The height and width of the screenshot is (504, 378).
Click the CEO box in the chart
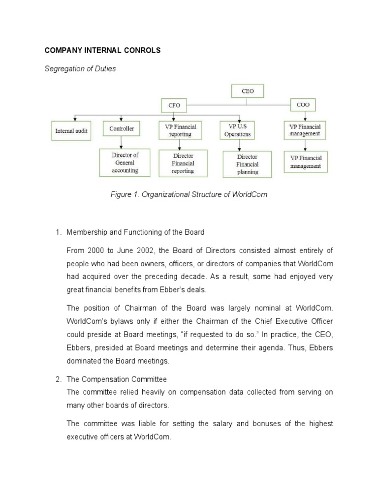pos(247,91)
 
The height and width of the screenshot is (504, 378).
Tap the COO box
pos(303,104)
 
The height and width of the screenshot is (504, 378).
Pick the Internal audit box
pos(71,131)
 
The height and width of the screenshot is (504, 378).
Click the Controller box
pos(121,129)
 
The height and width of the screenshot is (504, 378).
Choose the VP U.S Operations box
pos(237,130)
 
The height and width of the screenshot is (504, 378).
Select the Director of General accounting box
pos(125,163)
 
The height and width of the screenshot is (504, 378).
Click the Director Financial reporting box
pos(183,163)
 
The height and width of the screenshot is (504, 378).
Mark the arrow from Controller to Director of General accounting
pos(121,143)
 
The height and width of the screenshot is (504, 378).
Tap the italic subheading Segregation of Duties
pos(80,69)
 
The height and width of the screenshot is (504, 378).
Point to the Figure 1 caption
pos(189,194)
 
